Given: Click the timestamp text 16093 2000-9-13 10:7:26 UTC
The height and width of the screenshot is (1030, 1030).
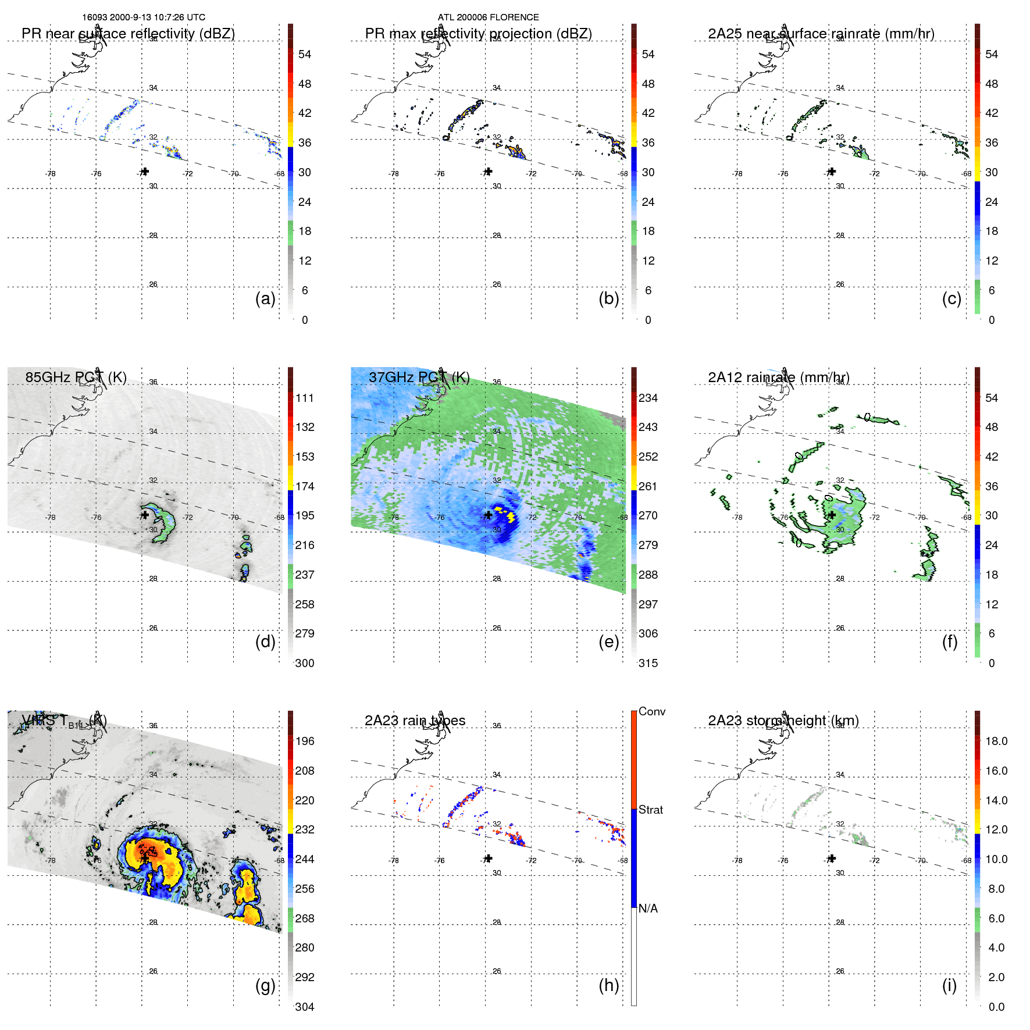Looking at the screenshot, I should tap(143, 17).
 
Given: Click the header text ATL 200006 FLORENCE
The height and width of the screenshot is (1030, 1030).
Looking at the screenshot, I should tap(488, 17).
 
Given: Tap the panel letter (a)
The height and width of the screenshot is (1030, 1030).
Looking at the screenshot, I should tap(265, 298).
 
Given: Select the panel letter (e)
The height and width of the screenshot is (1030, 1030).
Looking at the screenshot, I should tap(608, 641).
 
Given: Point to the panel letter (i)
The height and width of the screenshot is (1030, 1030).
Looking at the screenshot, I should tap(949, 985).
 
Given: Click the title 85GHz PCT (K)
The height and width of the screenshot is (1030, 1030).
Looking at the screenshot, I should tap(76, 377).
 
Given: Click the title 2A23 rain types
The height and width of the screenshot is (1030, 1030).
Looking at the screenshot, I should tap(415, 721).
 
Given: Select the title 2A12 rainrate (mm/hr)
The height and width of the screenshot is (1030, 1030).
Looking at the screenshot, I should tap(778, 377).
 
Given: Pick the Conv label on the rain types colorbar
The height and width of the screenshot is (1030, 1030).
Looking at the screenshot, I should tap(651, 711).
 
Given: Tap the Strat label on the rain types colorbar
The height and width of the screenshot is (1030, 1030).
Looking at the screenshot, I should tap(650, 810).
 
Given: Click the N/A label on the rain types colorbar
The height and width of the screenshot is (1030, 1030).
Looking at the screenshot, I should tap(648, 908).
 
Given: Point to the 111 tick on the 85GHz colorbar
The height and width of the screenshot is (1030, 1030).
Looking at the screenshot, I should tap(305, 398).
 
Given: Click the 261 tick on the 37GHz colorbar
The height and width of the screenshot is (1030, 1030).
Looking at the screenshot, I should tap(648, 486).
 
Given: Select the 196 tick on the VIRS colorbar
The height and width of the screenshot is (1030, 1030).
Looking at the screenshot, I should tap(305, 741).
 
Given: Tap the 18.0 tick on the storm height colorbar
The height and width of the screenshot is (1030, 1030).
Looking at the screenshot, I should tap(996, 741).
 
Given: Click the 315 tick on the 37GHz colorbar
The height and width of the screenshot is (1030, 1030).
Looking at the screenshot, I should tap(648, 663).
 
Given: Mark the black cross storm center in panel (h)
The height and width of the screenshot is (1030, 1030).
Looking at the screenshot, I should tap(489, 858).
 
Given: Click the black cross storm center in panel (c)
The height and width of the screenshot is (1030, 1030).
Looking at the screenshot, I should tap(832, 172).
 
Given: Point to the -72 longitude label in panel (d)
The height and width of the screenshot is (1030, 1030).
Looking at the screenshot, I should tap(187, 517).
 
